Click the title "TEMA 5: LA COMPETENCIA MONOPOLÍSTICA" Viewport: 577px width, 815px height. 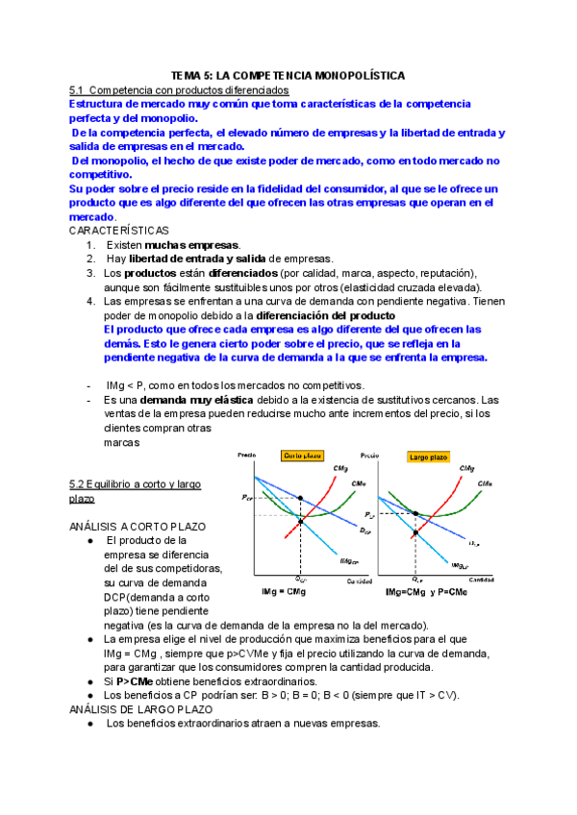tap(288, 74)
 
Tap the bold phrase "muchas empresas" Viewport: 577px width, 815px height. tap(192, 246)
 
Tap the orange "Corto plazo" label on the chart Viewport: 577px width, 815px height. tap(302, 456)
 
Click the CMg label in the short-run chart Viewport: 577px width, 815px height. tap(341, 468)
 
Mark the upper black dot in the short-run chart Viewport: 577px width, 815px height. tap(301, 498)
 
